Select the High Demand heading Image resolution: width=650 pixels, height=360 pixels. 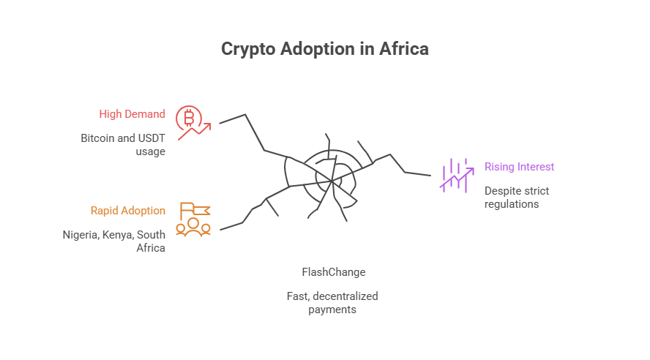pos(132,114)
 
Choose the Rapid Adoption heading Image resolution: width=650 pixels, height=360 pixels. pos(127,211)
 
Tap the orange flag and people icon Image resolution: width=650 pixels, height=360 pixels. pos(194,219)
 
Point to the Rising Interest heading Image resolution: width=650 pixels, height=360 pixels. pos(519,167)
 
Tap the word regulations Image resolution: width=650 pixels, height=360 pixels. pos(512,204)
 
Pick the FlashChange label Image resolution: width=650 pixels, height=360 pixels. pos(333,272)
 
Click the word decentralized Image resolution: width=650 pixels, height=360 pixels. pos(345,296)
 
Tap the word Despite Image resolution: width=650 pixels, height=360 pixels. pos(501,190)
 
